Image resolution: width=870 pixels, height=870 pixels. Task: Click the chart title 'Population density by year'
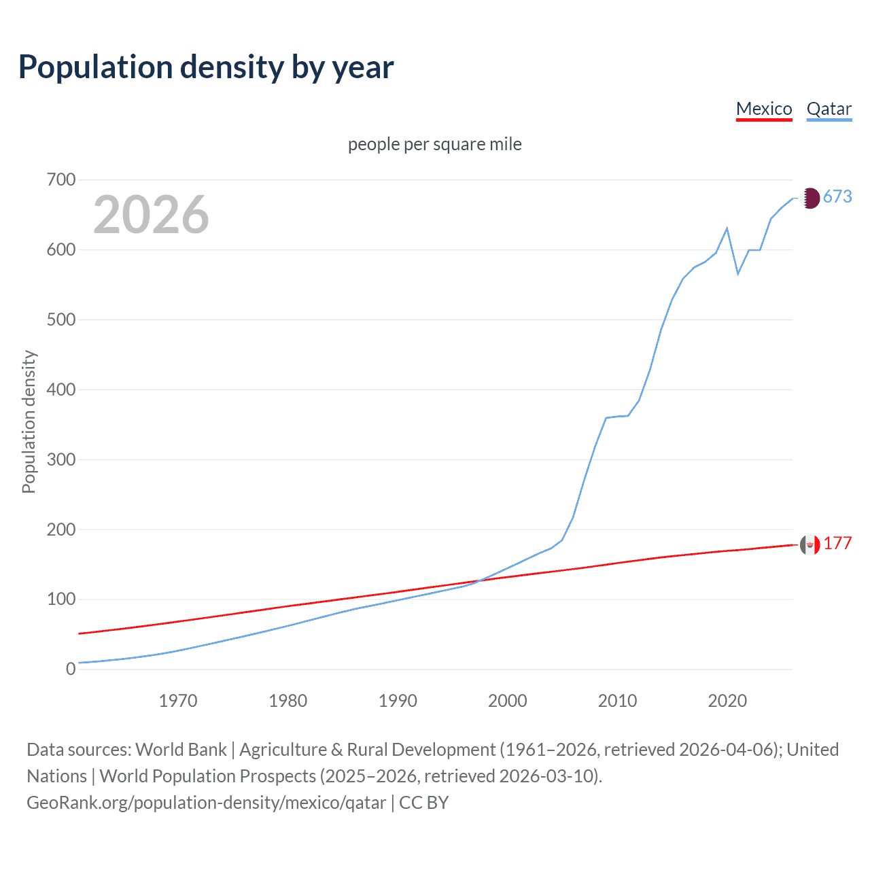206,67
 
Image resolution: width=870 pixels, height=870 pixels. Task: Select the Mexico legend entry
764,109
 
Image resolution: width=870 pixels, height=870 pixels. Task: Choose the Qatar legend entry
829,109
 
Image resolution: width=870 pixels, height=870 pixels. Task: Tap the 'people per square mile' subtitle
434,144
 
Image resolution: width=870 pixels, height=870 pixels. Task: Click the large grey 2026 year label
151,215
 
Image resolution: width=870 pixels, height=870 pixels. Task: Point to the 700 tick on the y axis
61,180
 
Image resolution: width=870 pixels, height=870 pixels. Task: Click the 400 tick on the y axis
61,389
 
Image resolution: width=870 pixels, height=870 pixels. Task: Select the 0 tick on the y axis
71,669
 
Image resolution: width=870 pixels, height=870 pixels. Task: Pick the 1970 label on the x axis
178,701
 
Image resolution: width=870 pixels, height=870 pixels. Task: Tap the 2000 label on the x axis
508,701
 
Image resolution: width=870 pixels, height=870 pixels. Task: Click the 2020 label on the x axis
727,701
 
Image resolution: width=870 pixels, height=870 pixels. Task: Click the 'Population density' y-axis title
29,421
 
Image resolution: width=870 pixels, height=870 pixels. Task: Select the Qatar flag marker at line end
810,198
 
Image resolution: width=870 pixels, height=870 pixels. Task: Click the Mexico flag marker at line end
810,544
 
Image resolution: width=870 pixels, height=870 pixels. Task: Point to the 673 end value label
837,197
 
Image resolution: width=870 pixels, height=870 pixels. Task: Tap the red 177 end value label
837,543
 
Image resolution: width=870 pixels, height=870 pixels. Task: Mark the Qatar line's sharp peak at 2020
727,228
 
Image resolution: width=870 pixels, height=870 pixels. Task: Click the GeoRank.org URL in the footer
206,803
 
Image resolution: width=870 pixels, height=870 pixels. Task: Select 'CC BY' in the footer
424,803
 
